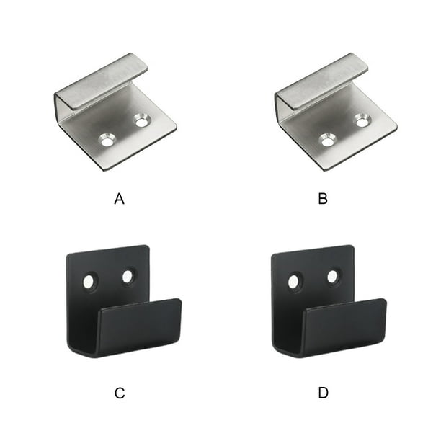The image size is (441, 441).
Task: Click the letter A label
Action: click(120, 199)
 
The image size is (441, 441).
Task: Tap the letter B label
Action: click(323, 199)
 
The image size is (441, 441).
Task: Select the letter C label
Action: click(120, 393)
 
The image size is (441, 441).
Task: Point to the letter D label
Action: click(324, 393)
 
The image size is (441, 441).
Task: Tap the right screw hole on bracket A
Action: click(142, 121)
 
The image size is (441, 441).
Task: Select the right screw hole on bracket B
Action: click(362, 120)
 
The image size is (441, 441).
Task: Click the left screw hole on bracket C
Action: click(90, 281)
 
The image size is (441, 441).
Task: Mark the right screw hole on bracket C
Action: click(128, 277)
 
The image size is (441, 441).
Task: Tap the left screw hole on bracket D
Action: click(295, 281)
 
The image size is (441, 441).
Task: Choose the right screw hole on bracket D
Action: click(333, 277)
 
